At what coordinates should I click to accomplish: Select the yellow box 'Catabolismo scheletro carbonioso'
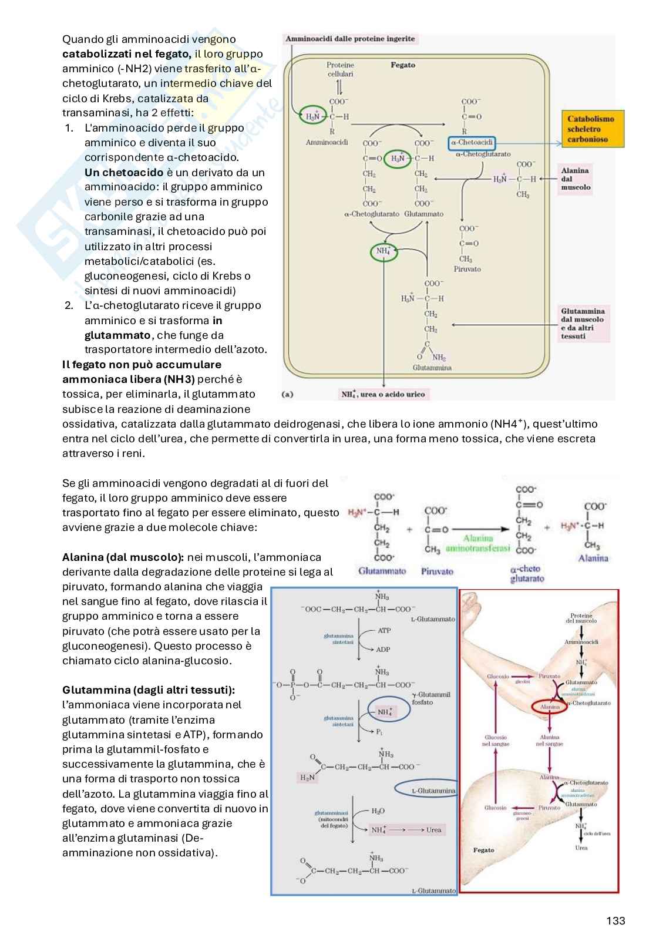591,129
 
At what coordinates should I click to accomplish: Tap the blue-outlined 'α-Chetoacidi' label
472,143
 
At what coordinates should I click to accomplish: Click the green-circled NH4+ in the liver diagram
383,251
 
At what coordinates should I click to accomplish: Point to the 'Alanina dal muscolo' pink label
576,179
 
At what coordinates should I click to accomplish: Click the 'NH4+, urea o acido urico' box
383,394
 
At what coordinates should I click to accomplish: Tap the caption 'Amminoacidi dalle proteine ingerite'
350,39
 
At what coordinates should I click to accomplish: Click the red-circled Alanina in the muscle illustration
550,707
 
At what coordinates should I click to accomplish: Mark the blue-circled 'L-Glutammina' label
433,791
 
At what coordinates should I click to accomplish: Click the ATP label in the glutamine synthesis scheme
384,630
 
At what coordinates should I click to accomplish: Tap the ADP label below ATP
383,650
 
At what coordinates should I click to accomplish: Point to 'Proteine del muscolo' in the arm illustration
581,618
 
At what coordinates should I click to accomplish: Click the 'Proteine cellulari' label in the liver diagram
340,69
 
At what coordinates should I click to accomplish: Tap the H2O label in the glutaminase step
378,811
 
